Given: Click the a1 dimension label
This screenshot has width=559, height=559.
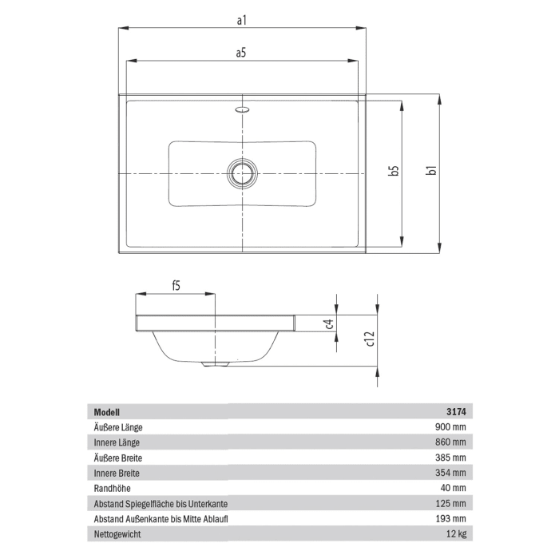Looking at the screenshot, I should (x=241, y=20).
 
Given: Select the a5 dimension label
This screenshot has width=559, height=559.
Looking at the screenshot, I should (x=241, y=53).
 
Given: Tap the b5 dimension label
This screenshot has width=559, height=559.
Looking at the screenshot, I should (x=393, y=171).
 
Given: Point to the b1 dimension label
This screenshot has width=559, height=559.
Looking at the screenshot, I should (x=430, y=171).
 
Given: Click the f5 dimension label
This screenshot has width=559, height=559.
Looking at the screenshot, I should (x=176, y=285).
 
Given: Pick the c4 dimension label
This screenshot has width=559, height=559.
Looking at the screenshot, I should (x=328, y=323).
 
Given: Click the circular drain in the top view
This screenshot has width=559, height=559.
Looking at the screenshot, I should (x=241, y=172).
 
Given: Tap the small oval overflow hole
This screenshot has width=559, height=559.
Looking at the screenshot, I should (x=242, y=108).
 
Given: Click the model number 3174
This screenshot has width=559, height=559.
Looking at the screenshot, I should (x=455, y=412).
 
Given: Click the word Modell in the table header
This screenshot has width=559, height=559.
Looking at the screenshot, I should (x=107, y=412).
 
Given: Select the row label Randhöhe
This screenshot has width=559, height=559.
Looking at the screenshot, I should (x=113, y=488).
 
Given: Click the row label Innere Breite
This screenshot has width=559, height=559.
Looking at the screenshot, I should (x=118, y=473).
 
